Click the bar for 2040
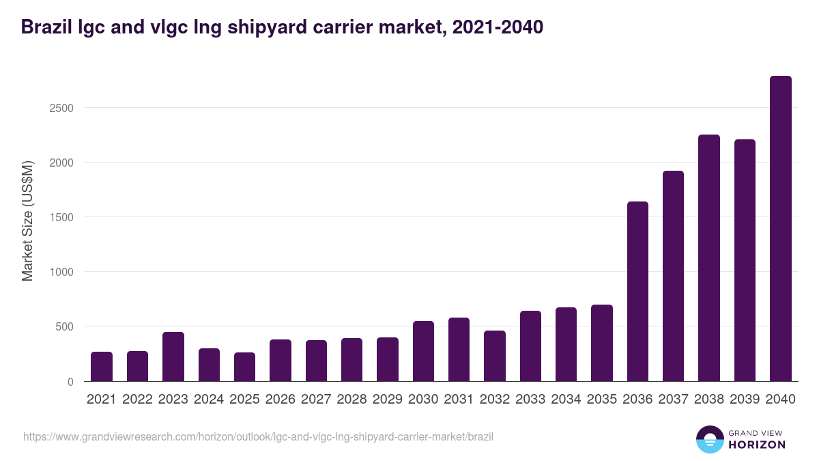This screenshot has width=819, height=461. point(780,229)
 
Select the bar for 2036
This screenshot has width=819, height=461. point(637,292)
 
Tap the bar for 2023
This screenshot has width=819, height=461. point(173,357)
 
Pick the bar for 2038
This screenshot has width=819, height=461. point(708,258)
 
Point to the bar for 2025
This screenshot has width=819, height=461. point(244,367)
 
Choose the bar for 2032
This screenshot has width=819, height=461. point(495,356)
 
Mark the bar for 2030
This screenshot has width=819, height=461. point(423,351)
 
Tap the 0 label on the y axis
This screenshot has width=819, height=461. point(70,382)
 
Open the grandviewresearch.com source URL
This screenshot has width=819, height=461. point(258,436)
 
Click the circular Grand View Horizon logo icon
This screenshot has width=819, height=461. point(709,439)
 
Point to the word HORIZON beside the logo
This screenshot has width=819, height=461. point(757,445)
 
